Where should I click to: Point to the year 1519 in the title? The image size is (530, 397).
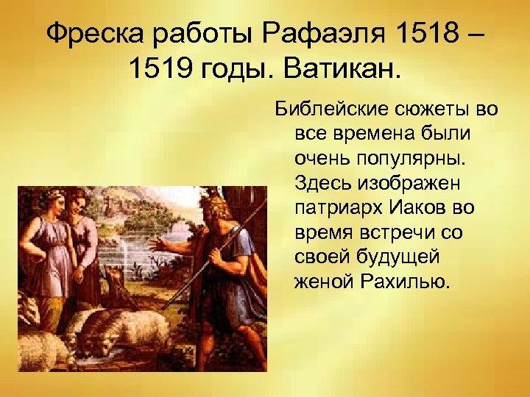tap(158, 71)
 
